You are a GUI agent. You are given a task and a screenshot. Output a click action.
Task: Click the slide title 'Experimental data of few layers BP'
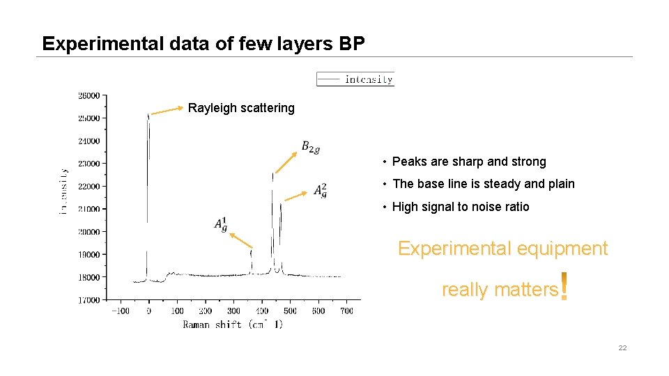point(203,43)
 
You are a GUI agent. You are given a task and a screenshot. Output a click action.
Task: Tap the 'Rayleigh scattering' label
point(241,108)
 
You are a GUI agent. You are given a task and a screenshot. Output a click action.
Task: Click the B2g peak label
point(310,147)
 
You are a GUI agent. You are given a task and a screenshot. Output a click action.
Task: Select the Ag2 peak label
point(320,190)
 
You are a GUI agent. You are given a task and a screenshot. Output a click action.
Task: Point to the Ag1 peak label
point(221,224)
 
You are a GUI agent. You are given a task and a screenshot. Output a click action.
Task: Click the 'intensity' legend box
point(355,79)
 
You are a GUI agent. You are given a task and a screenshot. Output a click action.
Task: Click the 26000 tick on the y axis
point(89,95)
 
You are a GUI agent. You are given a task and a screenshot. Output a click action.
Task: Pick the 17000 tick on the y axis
point(89,300)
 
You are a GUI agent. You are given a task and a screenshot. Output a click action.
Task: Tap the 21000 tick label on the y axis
point(89,209)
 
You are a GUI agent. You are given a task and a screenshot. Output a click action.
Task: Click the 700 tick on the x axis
point(346,311)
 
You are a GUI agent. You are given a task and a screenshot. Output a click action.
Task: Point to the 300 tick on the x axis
point(233,311)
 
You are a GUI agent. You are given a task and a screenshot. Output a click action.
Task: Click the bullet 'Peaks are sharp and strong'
point(469,162)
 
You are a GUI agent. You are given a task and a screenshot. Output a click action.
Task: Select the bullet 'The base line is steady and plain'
point(484,184)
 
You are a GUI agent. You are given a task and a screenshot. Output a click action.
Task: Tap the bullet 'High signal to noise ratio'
point(461,207)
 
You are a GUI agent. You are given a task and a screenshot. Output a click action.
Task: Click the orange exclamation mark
point(564,287)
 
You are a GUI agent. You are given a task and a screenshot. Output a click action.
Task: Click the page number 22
point(622,347)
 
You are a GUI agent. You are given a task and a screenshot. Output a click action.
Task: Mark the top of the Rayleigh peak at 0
point(148,116)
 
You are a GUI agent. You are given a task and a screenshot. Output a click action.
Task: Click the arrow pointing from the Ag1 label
point(240,240)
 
